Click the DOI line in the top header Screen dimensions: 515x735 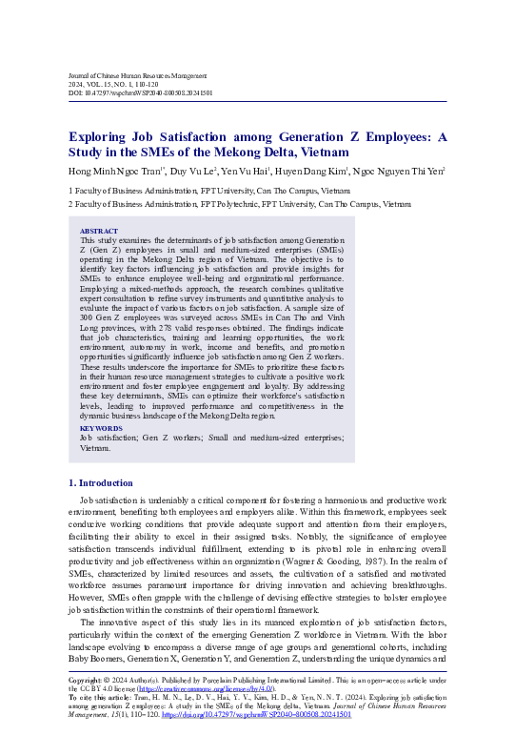tap(140, 93)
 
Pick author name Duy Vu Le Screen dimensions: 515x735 tap(193, 172)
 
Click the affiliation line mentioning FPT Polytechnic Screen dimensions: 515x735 tap(239, 203)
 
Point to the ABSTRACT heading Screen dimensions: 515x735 tap(99, 232)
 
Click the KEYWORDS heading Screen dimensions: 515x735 tap(102, 428)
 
